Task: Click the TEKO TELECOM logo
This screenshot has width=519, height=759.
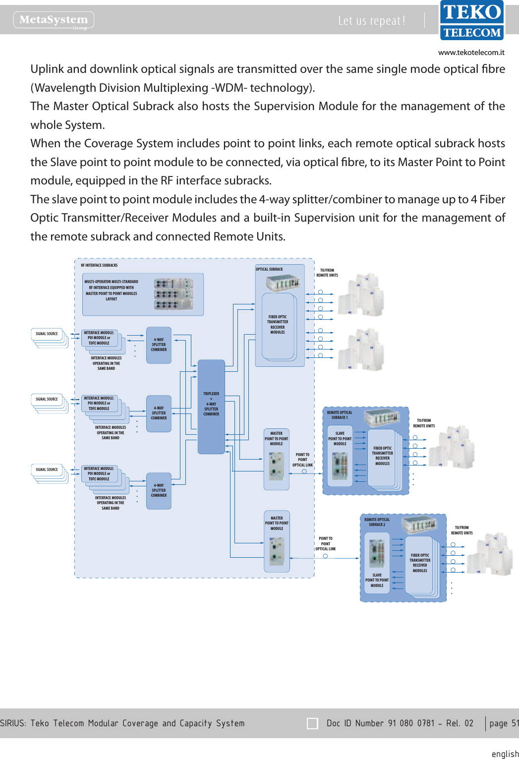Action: click(471, 20)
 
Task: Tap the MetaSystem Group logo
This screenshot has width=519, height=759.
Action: click(54, 20)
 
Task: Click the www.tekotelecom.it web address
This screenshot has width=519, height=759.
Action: click(471, 53)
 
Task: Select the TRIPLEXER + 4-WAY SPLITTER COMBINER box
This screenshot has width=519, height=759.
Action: click(211, 406)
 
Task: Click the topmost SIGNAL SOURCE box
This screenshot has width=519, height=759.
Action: click(47, 334)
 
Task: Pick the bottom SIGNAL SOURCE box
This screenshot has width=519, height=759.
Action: click(47, 469)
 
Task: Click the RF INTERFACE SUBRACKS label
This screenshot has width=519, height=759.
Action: click(99, 266)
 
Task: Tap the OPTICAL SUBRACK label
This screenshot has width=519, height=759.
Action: click(269, 270)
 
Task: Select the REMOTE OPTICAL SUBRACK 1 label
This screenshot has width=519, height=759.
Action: click(340, 415)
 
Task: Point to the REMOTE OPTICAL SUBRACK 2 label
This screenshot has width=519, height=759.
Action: click(377, 522)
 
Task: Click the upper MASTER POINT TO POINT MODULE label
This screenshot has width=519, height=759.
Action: click(276, 439)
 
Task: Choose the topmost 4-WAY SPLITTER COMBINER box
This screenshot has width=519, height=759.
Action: click(159, 345)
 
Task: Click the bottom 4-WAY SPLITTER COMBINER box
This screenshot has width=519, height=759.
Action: click(159, 491)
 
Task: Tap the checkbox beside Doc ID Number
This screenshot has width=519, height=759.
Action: click(312, 723)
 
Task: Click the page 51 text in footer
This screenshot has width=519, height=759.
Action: click(504, 723)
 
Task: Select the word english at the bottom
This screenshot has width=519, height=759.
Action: click(505, 754)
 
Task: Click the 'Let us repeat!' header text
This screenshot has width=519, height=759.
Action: click(371, 21)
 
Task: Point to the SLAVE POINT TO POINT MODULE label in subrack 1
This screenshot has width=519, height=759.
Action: click(340, 439)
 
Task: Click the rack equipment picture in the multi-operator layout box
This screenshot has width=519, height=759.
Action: click(173, 294)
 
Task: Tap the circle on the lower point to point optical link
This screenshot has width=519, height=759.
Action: click(325, 556)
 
